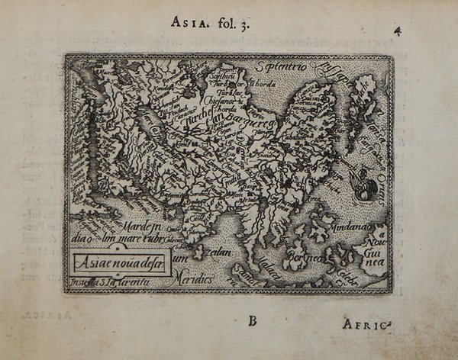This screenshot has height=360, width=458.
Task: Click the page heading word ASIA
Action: tap(185, 21)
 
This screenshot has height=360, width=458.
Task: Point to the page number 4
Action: tap(397, 31)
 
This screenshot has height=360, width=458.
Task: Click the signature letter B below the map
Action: tap(252, 320)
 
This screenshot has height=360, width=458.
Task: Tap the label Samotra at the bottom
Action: tap(250, 269)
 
